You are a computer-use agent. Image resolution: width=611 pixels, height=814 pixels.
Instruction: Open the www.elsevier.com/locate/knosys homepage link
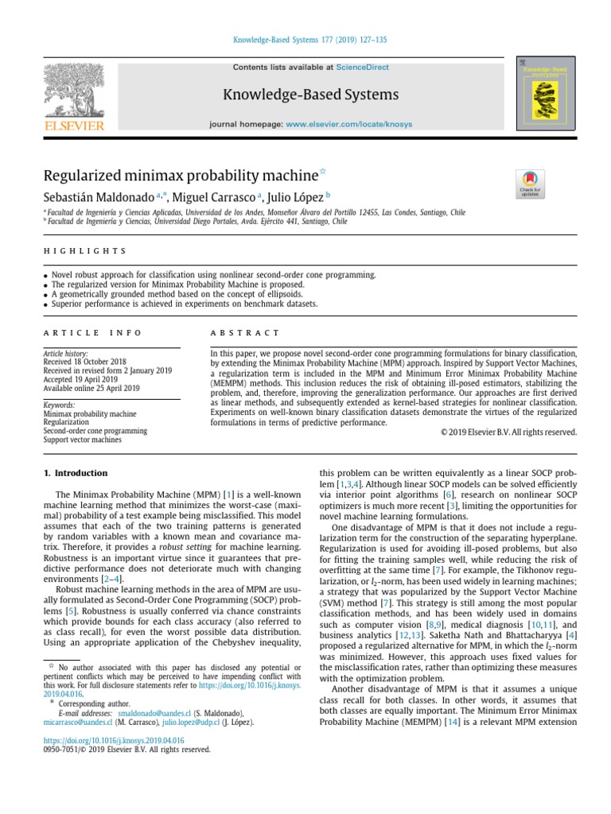(348, 125)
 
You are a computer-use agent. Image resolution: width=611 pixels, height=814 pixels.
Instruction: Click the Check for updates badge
(530, 184)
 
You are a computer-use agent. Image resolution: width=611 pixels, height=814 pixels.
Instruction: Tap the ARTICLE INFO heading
(91, 332)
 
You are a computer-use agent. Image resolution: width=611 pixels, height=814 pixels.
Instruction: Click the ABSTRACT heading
(245, 332)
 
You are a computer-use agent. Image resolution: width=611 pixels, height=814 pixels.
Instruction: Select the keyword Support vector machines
(83, 440)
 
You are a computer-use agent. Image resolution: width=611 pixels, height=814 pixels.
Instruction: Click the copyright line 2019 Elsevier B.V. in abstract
(508, 432)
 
